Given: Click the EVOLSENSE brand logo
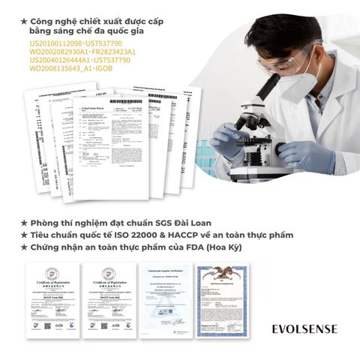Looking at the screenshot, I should coord(304,328).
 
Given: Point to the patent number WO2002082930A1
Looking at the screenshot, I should coord(55,52).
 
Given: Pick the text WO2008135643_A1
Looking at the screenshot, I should coord(57,68).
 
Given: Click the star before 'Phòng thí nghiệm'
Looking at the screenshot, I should coord(24,223).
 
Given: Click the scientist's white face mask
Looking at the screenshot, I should coord(305,70).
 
